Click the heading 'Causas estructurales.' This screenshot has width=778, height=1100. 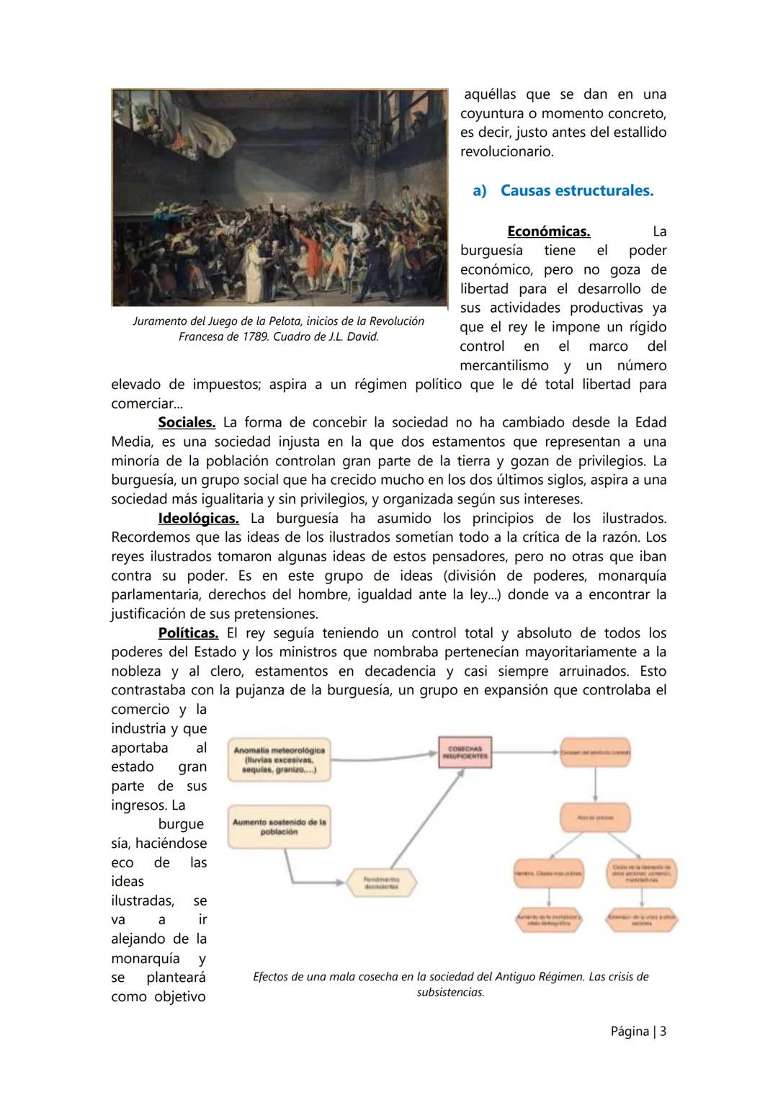point(576,191)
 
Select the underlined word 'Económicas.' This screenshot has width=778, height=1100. point(548,232)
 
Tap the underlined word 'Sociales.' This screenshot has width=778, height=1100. point(187,423)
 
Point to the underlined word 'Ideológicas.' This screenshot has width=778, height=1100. point(198,519)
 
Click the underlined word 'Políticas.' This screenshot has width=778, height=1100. point(188,633)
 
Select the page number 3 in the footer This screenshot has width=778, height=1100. point(662,1032)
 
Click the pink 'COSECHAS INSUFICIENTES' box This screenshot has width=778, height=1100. point(465,752)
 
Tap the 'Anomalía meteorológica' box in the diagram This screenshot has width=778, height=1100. point(280,759)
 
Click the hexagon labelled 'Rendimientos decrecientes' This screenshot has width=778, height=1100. point(382,883)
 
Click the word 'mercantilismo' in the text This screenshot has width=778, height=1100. point(504,366)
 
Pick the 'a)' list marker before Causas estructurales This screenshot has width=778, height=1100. point(480,191)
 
